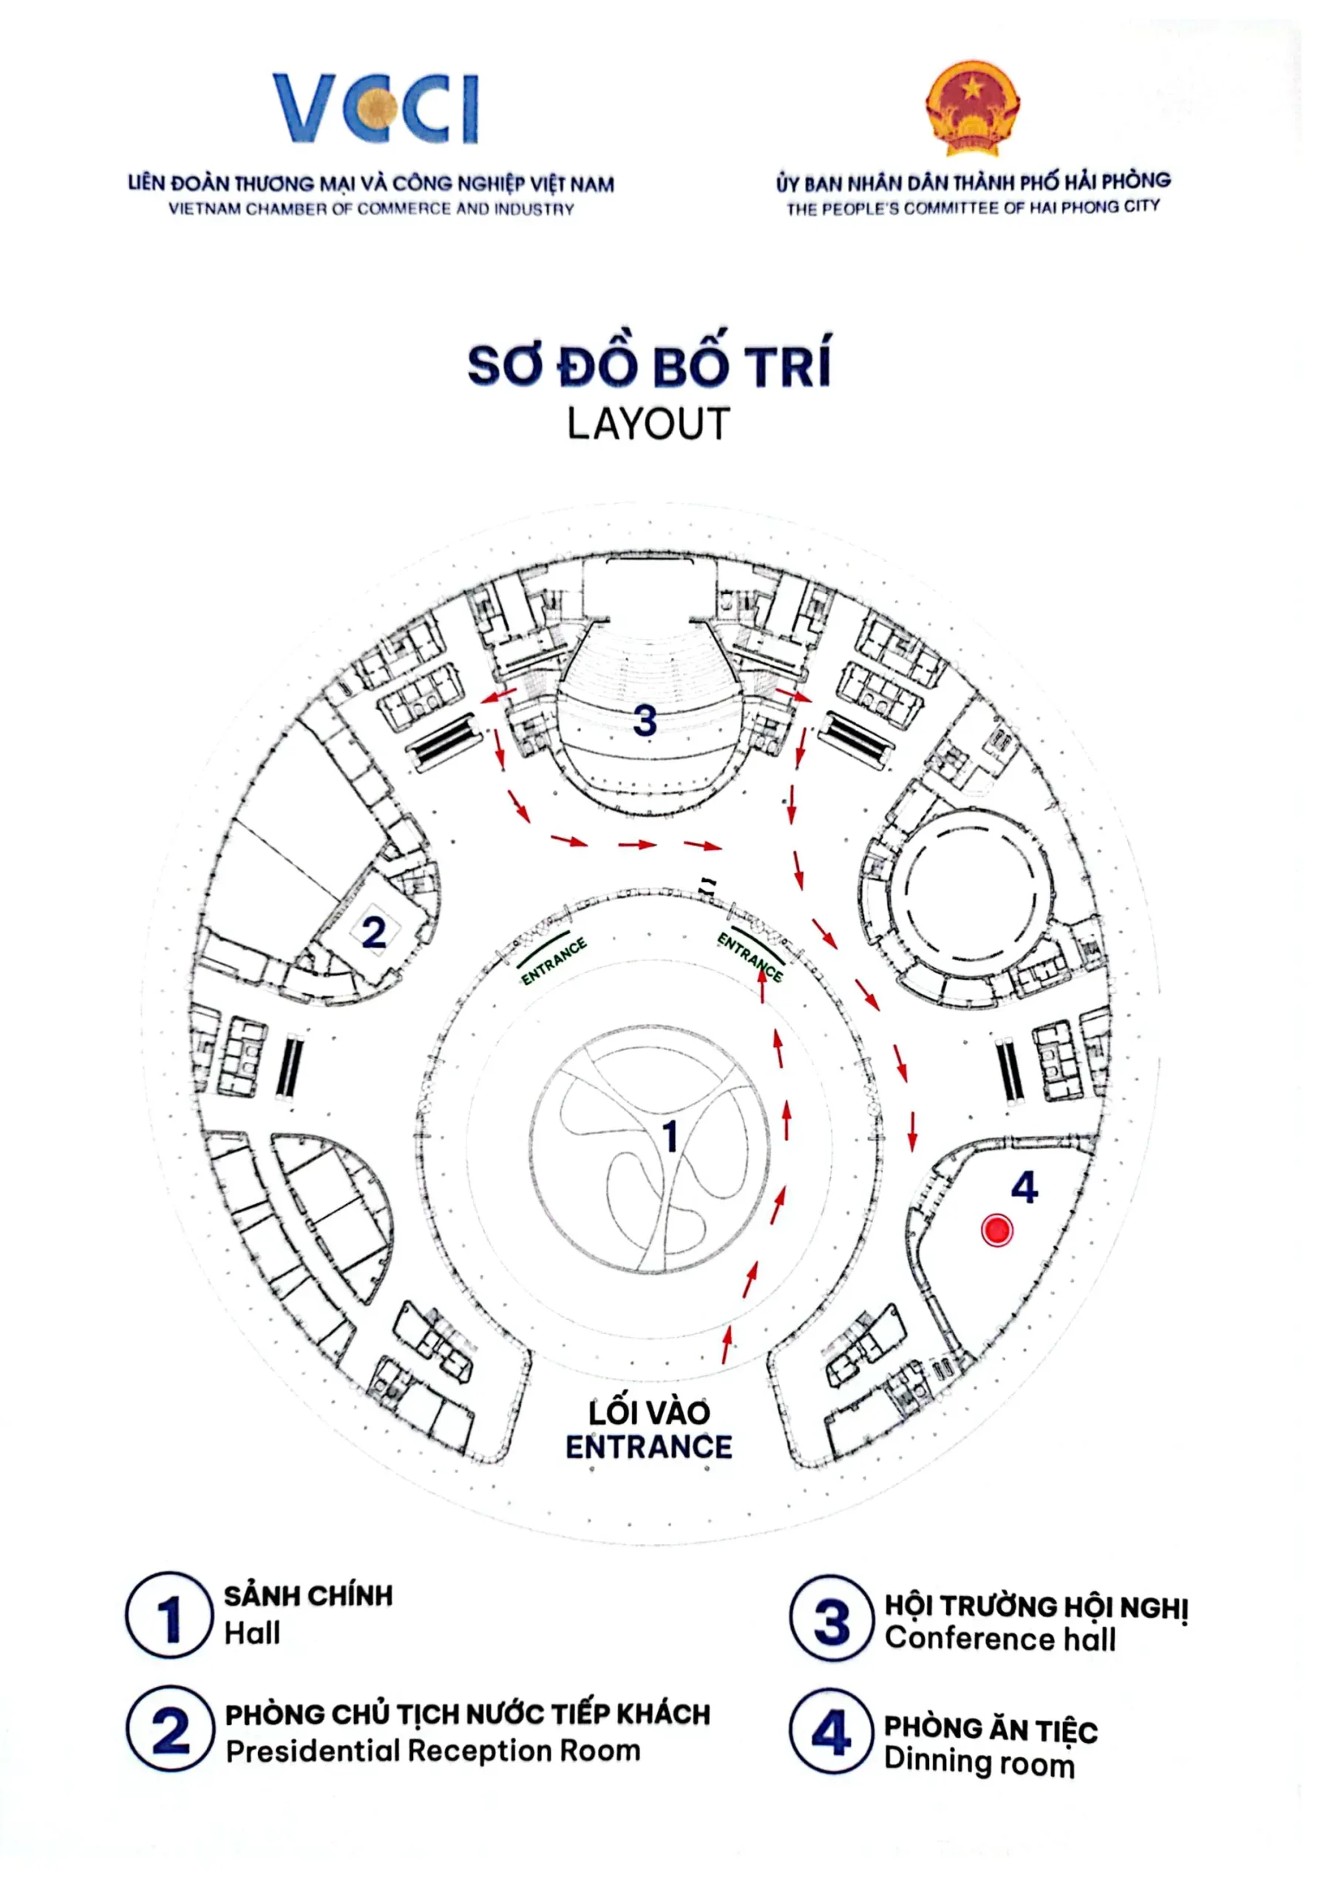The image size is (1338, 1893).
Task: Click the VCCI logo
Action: click(x=376, y=108)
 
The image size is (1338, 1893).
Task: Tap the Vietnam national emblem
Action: click(x=973, y=107)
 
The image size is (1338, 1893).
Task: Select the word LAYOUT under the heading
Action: click(x=649, y=424)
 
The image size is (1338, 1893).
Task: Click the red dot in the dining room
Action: click(x=996, y=1231)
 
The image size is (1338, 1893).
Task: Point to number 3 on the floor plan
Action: click(x=645, y=720)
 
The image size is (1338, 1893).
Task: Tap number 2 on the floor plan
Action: click(x=373, y=932)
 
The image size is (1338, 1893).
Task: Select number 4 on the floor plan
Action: click(x=1025, y=1188)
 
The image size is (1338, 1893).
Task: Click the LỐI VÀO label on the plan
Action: click(x=649, y=1413)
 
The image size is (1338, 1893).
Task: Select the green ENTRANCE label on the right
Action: click(x=750, y=956)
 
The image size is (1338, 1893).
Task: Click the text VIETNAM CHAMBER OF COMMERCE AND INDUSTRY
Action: click(x=371, y=209)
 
